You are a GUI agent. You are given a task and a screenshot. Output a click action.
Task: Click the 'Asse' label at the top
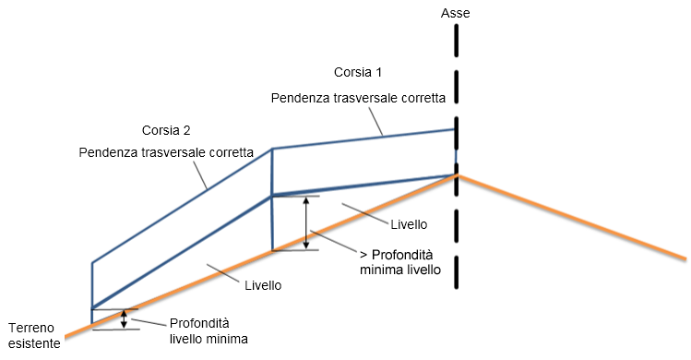pyautogui.click(x=455, y=13)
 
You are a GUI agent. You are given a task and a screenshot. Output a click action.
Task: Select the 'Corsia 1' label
pyautogui.click(x=358, y=72)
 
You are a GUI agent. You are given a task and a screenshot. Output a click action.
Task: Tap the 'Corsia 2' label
pyautogui.click(x=166, y=130)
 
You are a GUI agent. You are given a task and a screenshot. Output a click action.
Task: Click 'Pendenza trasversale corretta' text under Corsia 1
pyautogui.click(x=358, y=98)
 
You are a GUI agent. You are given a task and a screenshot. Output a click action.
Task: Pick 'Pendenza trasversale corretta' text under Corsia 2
pyautogui.click(x=166, y=152)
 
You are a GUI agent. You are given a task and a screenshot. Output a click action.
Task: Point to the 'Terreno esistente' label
pyautogui.click(x=34, y=336)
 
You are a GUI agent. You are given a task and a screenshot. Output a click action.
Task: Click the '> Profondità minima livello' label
pyautogui.click(x=400, y=262)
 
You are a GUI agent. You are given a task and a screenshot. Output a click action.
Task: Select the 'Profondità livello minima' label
pyautogui.click(x=208, y=330)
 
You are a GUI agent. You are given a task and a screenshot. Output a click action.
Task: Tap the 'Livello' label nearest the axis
pyautogui.click(x=409, y=224)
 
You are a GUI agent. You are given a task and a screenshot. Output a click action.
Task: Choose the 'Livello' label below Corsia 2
pyautogui.click(x=263, y=285)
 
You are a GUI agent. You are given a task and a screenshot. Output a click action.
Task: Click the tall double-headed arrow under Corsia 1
pyautogui.click(x=306, y=222)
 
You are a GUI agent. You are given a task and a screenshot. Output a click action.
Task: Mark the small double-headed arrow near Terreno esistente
pyautogui.click(x=125, y=319)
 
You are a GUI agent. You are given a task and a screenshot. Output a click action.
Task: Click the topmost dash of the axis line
pyautogui.click(x=456, y=40)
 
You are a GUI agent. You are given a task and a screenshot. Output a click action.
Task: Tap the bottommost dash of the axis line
pyautogui.click(x=456, y=272)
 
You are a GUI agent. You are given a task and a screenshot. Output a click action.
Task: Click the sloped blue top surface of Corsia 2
pyautogui.click(x=182, y=206)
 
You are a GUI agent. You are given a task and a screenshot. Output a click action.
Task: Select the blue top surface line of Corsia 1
pyautogui.click(x=363, y=139)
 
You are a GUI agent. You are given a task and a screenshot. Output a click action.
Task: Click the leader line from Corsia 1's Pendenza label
pyautogui.click(x=375, y=120)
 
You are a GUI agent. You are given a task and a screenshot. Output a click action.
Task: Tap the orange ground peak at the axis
pyautogui.click(x=457, y=175)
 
